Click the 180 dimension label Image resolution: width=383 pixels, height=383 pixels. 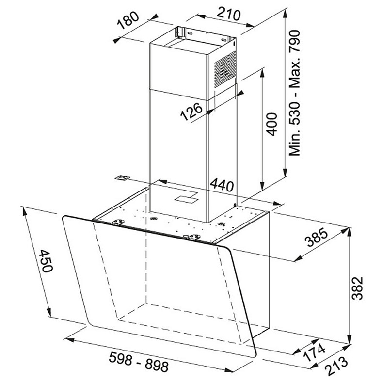[128, 20]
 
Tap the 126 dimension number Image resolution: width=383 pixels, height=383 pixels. [191, 112]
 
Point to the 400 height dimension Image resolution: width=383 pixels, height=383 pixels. [272, 124]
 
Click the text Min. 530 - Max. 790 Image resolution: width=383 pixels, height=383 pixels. [294, 93]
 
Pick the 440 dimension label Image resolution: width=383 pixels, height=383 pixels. [222, 185]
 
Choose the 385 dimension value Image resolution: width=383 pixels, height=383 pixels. [317, 237]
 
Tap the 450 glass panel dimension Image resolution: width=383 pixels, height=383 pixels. [46, 261]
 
